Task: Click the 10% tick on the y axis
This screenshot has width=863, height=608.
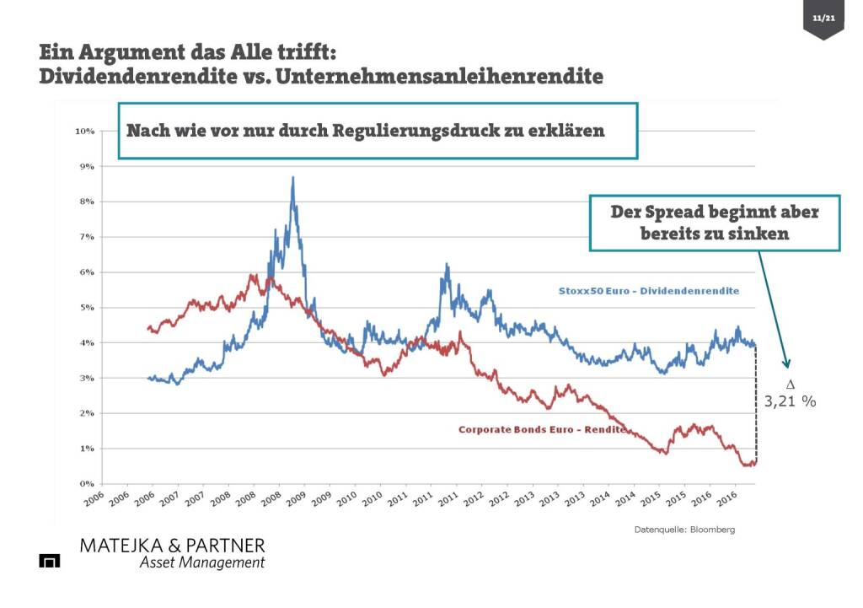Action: click(x=84, y=132)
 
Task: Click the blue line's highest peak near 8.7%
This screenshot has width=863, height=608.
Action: click(x=292, y=178)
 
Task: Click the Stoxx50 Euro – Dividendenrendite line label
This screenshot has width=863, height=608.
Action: click(x=648, y=291)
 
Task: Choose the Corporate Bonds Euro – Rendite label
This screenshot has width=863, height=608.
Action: click(x=541, y=429)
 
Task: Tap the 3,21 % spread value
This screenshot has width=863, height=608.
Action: click(x=790, y=402)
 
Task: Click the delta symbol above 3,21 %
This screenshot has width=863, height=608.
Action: click(x=790, y=385)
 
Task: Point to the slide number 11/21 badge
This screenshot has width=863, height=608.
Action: click(x=823, y=18)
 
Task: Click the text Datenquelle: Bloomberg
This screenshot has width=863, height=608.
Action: click(x=684, y=530)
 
